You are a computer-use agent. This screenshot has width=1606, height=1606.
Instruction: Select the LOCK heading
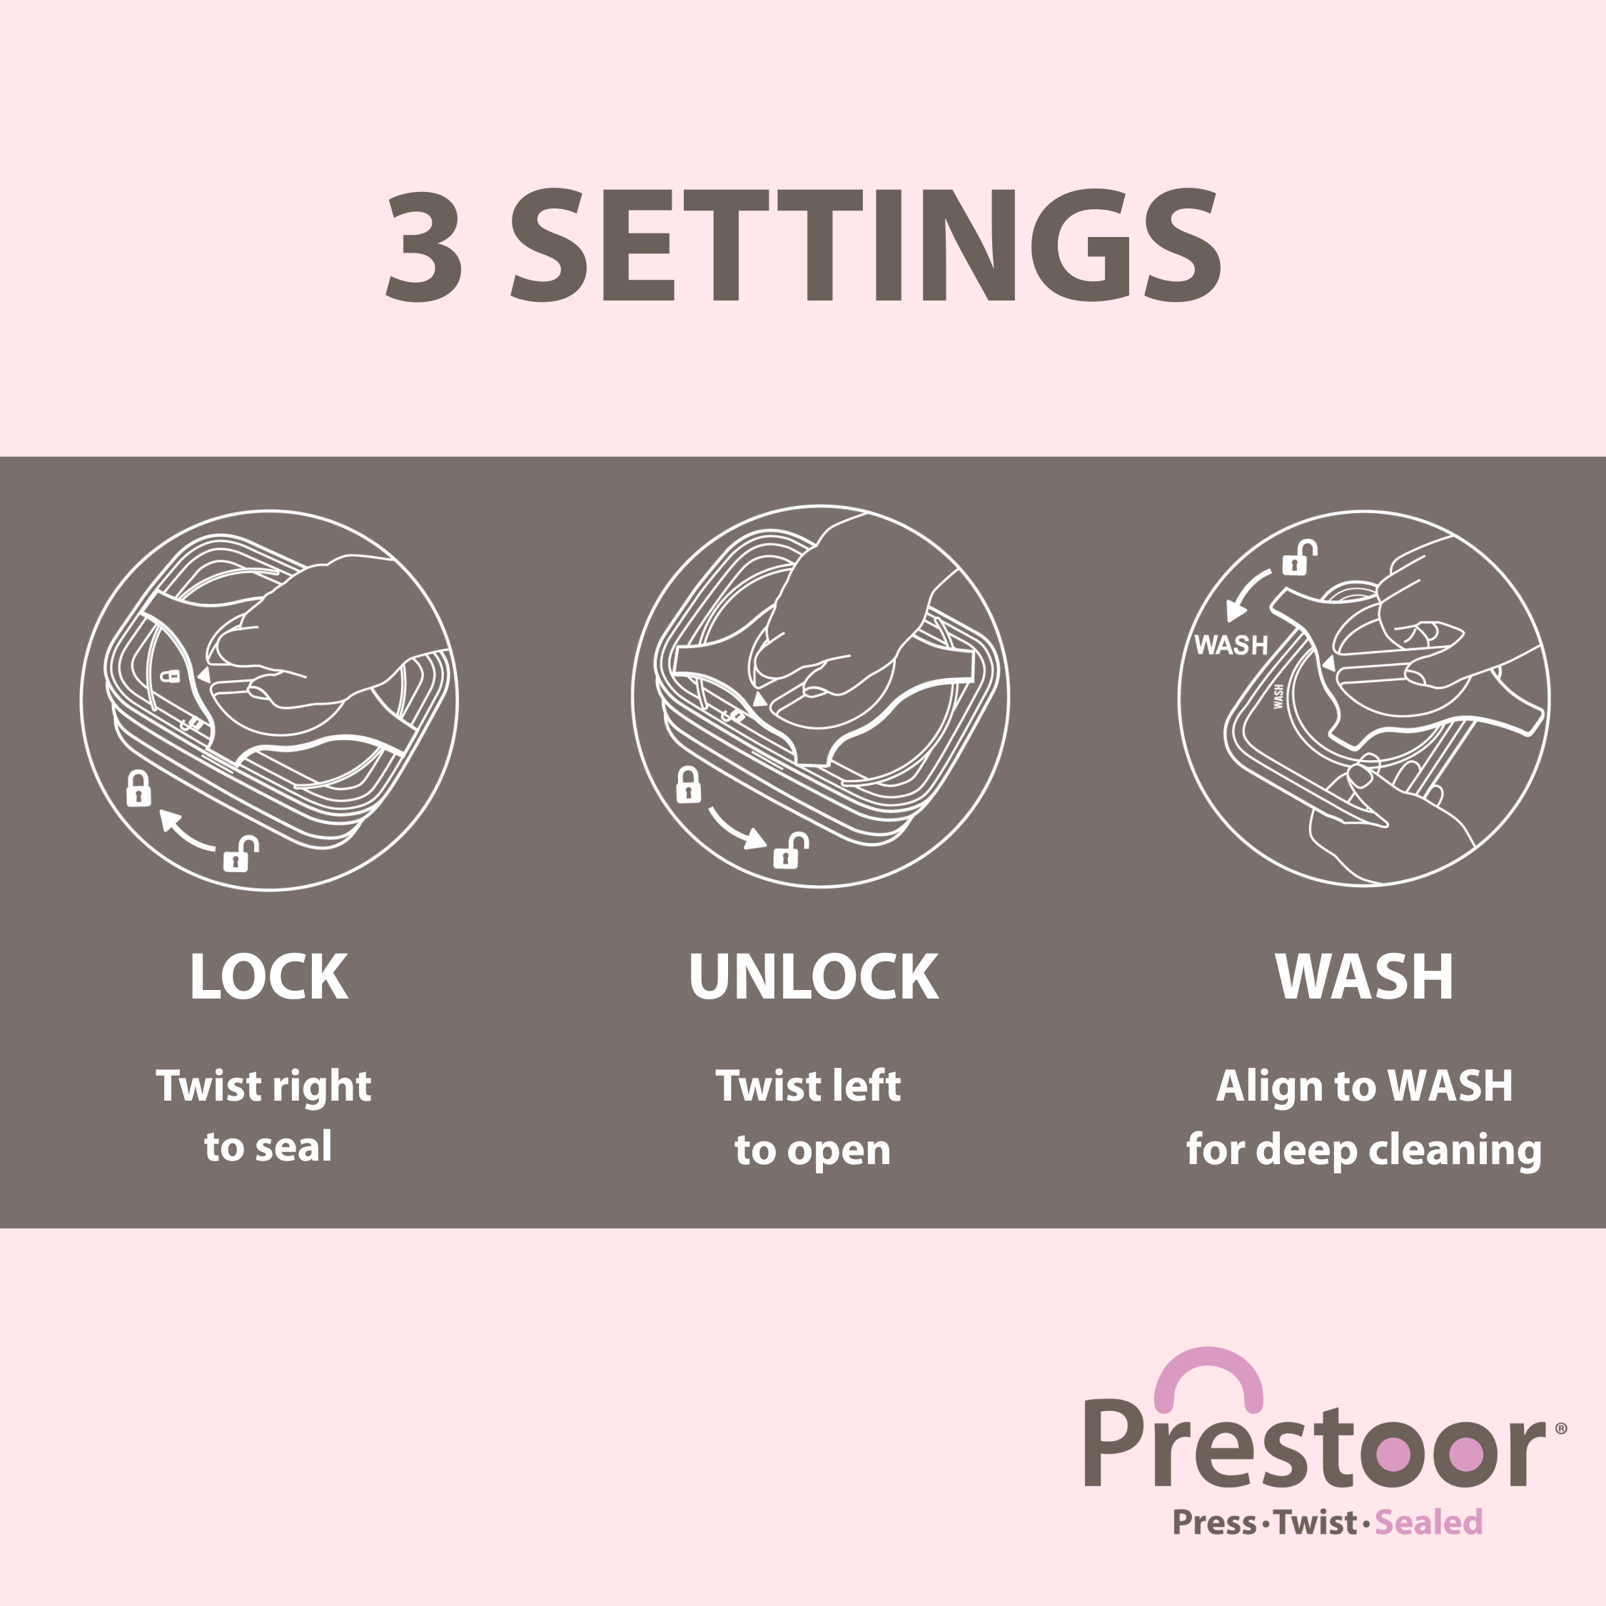(268, 976)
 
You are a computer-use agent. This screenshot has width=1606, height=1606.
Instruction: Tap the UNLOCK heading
(814, 976)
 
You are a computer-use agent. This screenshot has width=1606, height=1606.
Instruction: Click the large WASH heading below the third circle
(1364, 976)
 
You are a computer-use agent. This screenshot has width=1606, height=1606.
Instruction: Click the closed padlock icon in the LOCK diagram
(138, 788)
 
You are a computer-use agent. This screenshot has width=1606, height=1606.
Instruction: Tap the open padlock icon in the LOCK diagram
(241, 854)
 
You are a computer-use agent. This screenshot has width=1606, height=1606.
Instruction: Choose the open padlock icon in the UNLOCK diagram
(791, 850)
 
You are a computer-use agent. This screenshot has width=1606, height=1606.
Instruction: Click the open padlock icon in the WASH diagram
(1300, 559)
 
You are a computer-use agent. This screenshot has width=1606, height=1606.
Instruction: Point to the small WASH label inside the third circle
(1231, 645)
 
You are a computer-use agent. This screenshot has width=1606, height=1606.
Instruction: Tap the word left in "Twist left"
(867, 1086)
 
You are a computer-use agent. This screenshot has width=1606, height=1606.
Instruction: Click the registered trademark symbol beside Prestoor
(1560, 1428)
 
